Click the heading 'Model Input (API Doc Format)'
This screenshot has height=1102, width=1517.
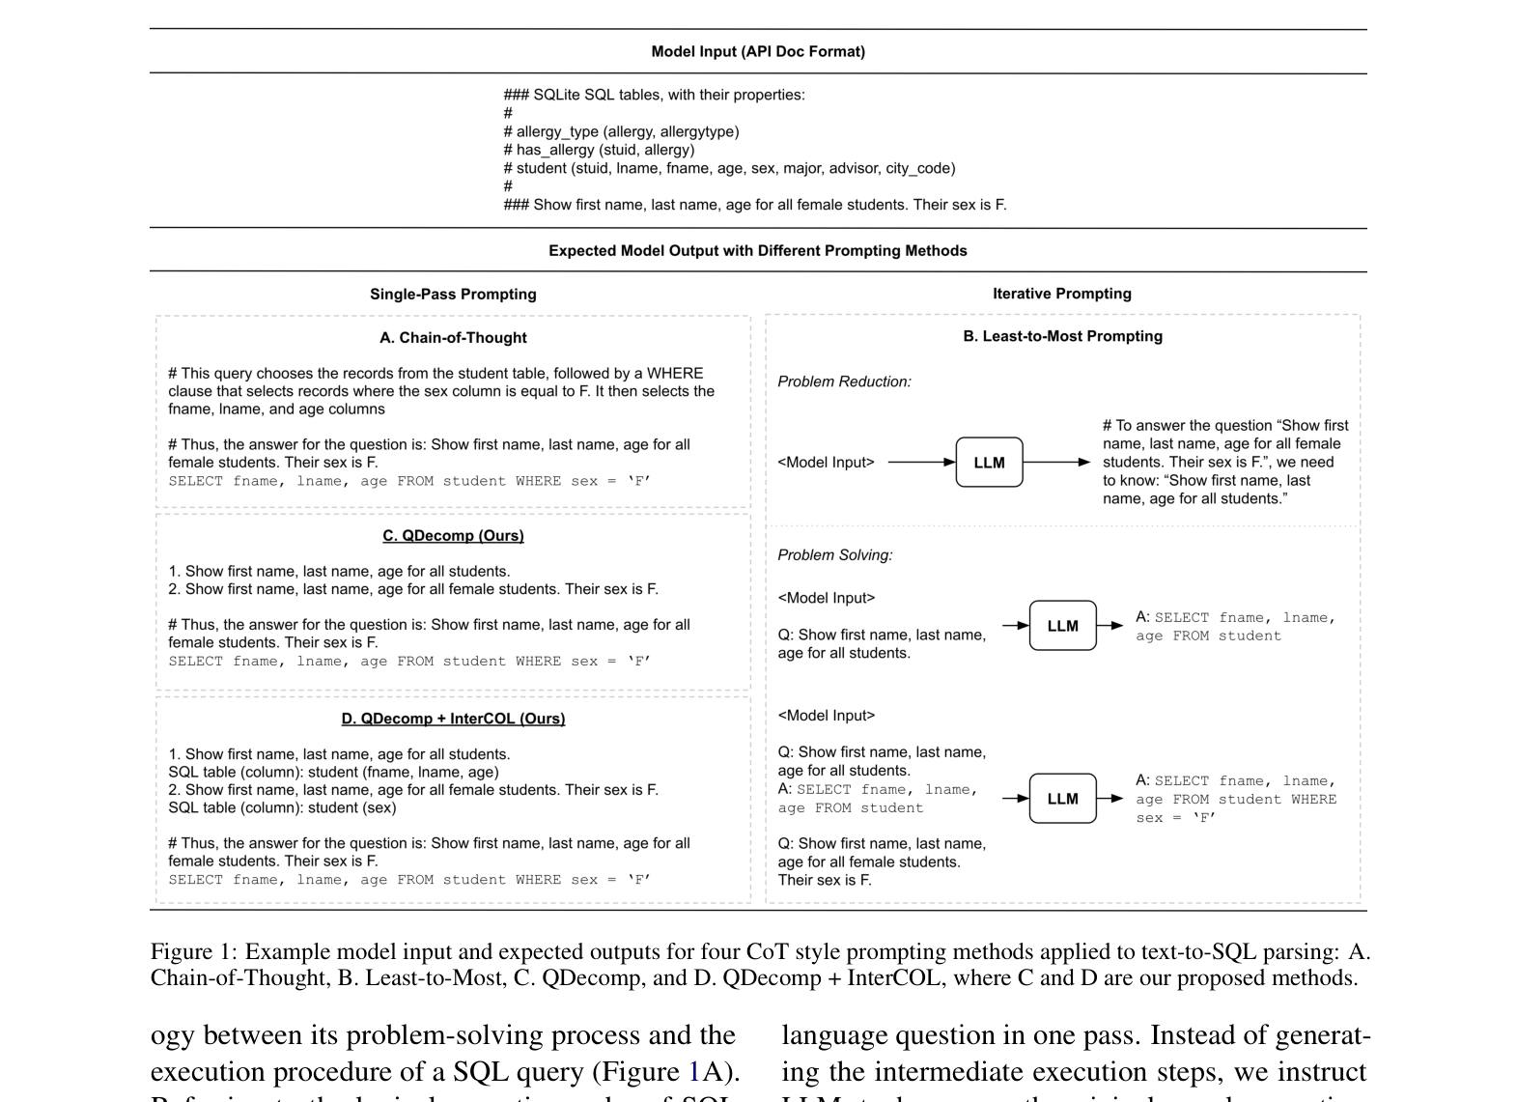758,51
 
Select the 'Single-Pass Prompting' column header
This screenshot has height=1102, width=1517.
453,294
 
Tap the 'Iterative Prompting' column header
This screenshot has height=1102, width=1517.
1061,293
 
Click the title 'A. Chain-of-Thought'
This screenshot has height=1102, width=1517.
453,337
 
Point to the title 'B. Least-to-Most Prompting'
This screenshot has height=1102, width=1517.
1062,336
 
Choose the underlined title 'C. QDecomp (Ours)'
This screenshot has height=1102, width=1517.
453,535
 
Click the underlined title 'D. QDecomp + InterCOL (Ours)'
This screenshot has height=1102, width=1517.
453,718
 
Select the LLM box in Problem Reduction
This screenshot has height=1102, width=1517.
989,463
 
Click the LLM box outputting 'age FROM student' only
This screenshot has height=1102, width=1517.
1062,626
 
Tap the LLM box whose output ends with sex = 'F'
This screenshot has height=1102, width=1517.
1062,799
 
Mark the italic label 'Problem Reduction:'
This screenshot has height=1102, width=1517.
844,381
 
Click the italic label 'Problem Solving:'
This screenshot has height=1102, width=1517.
834,554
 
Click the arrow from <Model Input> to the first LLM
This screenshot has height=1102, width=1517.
920,463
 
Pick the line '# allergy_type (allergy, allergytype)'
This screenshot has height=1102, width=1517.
621,131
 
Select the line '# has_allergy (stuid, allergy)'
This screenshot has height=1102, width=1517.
599,150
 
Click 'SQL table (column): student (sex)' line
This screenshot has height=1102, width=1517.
282,807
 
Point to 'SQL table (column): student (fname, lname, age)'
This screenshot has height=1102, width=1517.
333,772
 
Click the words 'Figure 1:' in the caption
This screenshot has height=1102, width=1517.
192,951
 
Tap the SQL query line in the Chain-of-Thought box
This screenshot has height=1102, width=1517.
409,481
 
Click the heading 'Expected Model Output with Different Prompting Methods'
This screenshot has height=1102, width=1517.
758,250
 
